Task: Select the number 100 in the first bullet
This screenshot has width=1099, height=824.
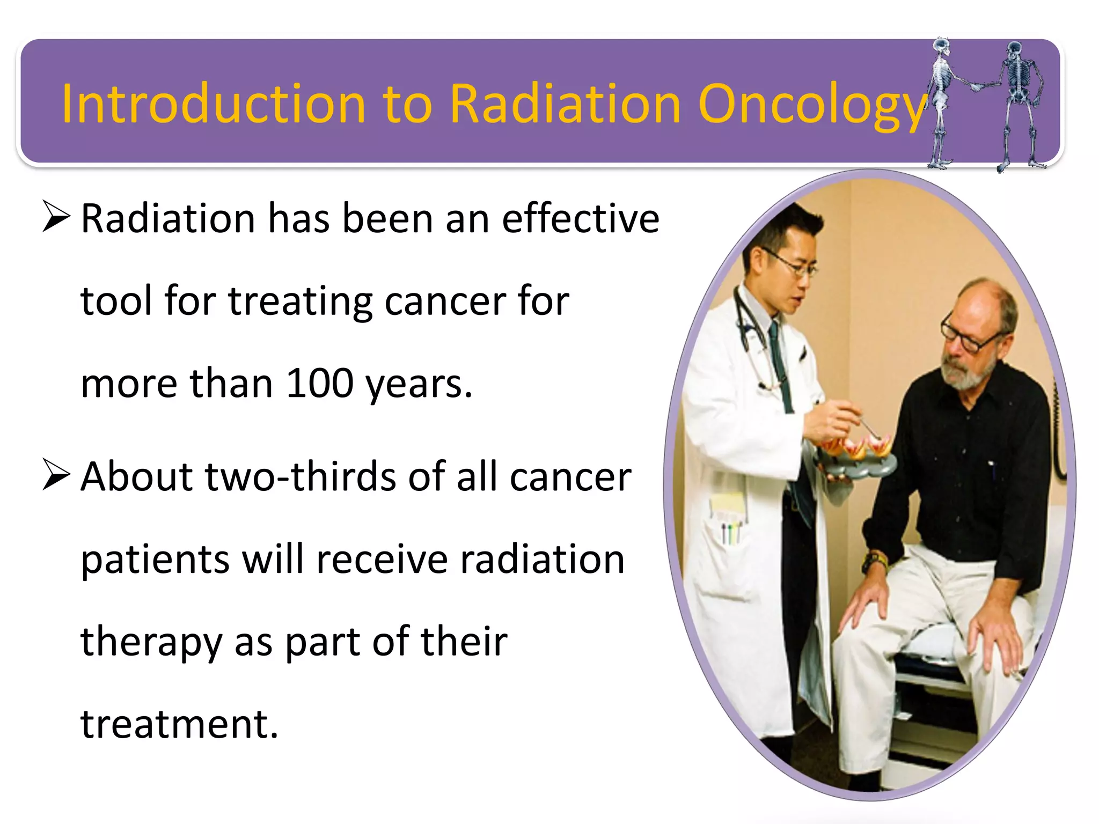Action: [319, 383]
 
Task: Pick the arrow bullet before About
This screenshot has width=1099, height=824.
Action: [56, 475]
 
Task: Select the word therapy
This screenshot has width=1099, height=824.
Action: [151, 642]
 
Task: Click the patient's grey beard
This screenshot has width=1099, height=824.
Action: [966, 376]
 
